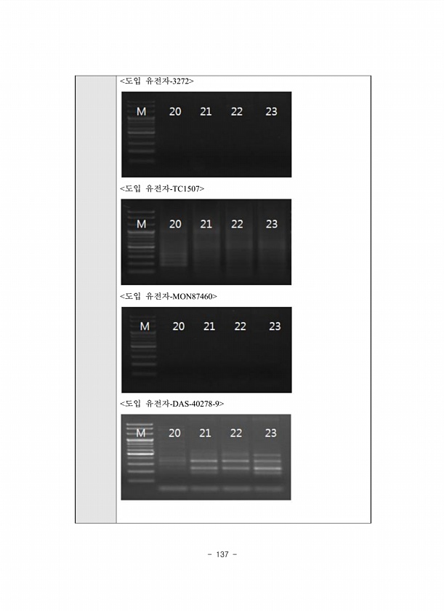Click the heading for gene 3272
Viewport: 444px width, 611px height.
pos(157,81)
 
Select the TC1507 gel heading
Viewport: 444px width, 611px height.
pos(162,188)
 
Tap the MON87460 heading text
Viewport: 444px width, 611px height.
pos(169,296)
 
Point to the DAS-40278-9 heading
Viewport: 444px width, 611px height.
pos(172,404)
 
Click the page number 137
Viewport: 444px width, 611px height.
pos(222,554)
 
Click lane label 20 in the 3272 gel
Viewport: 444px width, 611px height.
pos(175,112)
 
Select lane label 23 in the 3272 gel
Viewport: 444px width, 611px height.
pos(271,112)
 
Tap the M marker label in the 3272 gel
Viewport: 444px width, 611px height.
pos(141,112)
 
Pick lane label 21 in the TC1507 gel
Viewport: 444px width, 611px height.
pos(206,224)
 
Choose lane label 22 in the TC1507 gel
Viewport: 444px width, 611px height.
pos(237,224)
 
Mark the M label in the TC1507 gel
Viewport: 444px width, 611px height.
pos(141,224)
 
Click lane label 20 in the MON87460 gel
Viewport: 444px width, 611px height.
pos(179,326)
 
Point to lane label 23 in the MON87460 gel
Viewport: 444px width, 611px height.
pos(275,326)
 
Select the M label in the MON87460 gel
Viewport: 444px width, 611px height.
pos(145,326)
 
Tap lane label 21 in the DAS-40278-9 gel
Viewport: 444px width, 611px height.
pos(205,433)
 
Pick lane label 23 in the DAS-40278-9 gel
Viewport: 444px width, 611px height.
pos(270,433)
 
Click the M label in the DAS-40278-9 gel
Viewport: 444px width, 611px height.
pos(140,433)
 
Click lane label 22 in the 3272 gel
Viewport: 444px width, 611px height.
pos(237,112)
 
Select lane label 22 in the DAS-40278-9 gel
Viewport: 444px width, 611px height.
pos(236,433)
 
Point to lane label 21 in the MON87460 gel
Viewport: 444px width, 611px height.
pos(209,326)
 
